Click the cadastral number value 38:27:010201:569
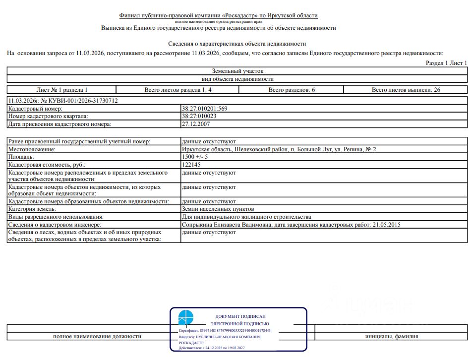[204, 109]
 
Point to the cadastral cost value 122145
[191, 165]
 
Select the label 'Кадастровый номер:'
[35, 109]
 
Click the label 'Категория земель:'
[32, 209]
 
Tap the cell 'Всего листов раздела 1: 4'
[177, 90]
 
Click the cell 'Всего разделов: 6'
[292, 90]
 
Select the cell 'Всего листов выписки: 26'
[406, 90]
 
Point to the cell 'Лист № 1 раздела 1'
[62, 90]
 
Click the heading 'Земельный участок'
[237, 71]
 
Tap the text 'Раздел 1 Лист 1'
[446, 63]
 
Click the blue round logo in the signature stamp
[186, 317]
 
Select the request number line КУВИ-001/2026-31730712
[63, 101]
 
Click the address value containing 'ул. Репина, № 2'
[279, 149]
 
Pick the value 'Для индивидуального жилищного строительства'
[246, 217]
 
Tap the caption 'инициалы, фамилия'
[391, 336]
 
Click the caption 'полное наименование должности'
[97, 336]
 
